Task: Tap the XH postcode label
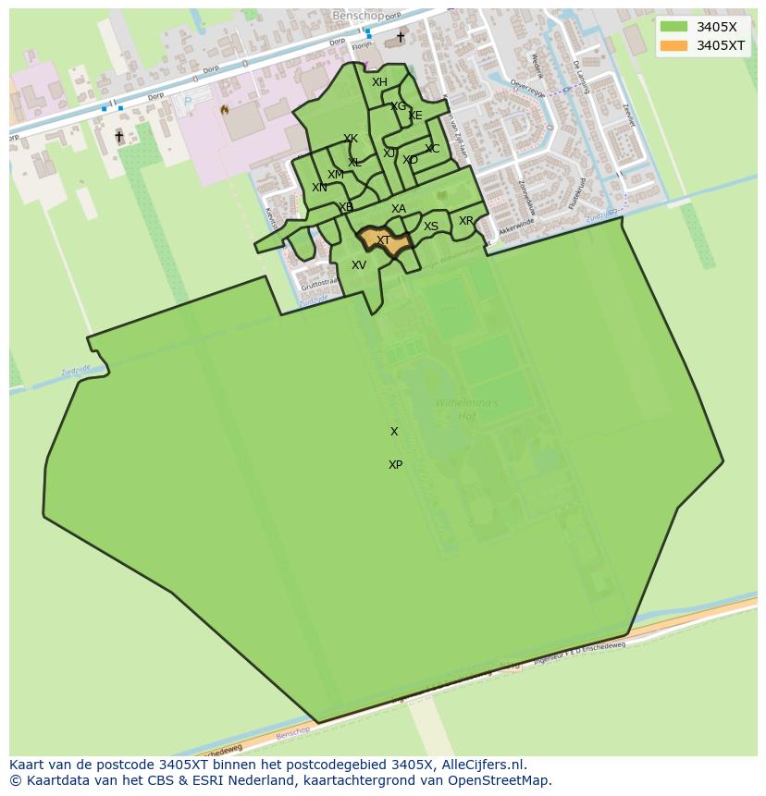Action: pyautogui.click(x=379, y=82)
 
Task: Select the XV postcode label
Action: pyautogui.click(x=359, y=265)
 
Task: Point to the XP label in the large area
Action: pyautogui.click(x=395, y=465)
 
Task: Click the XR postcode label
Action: pyautogui.click(x=466, y=221)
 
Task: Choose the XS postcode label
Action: pyautogui.click(x=431, y=227)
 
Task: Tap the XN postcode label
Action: pyautogui.click(x=319, y=188)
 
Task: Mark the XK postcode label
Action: pyautogui.click(x=351, y=140)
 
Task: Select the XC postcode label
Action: pyautogui.click(x=432, y=149)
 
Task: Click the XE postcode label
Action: pyautogui.click(x=415, y=116)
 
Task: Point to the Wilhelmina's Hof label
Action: pyautogui.click(x=466, y=410)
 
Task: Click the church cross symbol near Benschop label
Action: pyautogui.click(x=401, y=37)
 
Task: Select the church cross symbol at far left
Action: pyautogui.click(x=118, y=136)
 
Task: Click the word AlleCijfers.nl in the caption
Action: pyautogui.click(x=483, y=765)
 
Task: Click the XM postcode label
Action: pyautogui.click(x=336, y=175)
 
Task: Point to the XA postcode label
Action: pyautogui.click(x=399, y=209)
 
